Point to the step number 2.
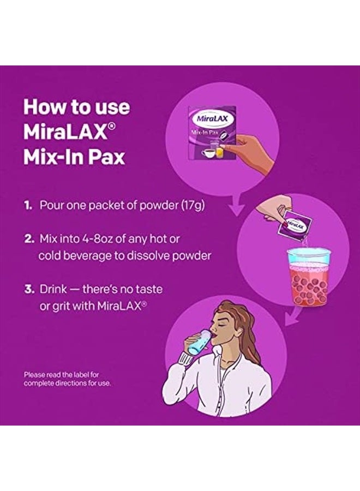(x=28, y=239)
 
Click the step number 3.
(x=28, y=288)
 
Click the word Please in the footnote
(x=34, y=375)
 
